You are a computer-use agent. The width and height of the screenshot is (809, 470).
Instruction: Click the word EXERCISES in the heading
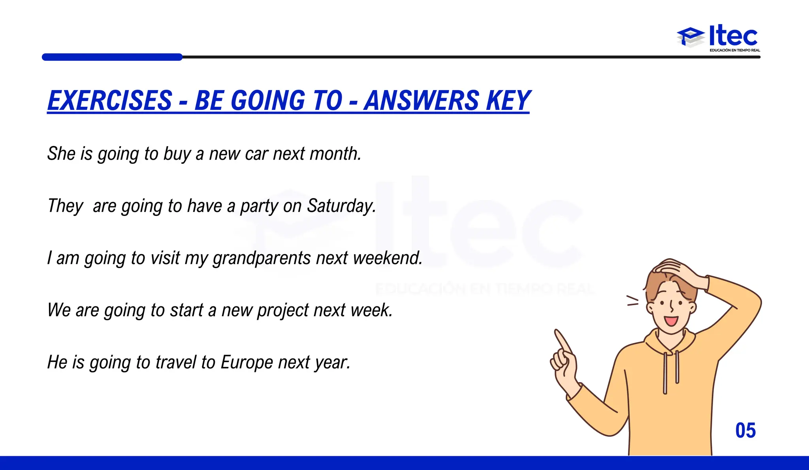(110, 100)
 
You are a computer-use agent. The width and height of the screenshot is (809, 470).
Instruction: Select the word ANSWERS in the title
(421, 100)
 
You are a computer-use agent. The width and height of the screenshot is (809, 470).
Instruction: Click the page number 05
(745, 430)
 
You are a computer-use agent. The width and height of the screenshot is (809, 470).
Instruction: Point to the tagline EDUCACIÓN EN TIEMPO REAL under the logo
(735, 50)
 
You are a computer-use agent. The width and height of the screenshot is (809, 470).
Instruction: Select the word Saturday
(341, 206)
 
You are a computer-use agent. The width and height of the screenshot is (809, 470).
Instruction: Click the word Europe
(246, 362)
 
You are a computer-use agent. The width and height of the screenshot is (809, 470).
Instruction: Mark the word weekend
(387, 258)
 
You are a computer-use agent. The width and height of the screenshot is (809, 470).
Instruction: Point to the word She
(61, 154)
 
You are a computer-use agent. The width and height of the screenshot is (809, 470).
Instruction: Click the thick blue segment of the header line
(112, 57)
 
